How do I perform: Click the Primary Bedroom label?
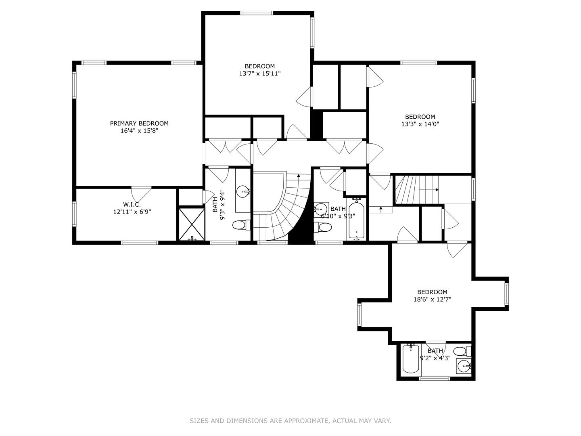click(x=139, y=124)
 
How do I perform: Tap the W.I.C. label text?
click(x=132, y=204)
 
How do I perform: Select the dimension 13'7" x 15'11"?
click(x=260, y=73)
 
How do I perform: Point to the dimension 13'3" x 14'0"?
click(x=420, y=124)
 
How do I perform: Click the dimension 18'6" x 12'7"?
click(x=432, y=300)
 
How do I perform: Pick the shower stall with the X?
click(x=192, y=224)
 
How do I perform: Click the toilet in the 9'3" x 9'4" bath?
click(x=241, y=225)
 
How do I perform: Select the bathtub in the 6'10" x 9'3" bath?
click(x=356, y=220)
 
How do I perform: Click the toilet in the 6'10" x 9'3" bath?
click(x=323, y=227)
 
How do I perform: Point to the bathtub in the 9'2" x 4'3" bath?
click(x=411, y=359)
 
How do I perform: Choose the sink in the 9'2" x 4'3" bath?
click(x=464, y=367)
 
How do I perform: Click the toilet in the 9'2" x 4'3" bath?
click(x=462, y=352)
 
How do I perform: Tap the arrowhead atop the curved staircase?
click(x=299, y=175)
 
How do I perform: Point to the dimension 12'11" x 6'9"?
click(x=132, y=212)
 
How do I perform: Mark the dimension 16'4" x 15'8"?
click(x=139, y=131)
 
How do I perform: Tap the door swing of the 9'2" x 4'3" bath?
click(x=436, y=350)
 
